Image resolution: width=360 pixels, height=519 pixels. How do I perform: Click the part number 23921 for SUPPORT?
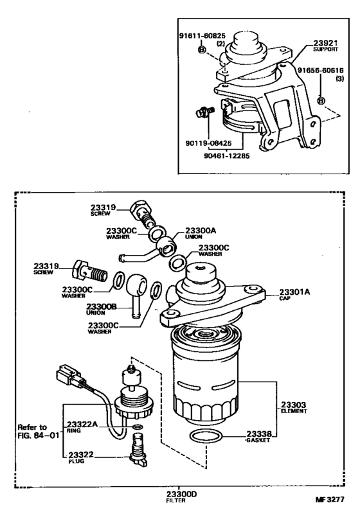tap(325, 43)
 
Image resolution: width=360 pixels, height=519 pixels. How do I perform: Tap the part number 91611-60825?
tap(203, 35)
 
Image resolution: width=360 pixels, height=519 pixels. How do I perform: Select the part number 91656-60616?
tap(320, 70)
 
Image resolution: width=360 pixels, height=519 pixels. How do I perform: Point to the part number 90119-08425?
tap(208, 143)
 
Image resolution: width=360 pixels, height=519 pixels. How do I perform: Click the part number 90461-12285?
tap(226, 155)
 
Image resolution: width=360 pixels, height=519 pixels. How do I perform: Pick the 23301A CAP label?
tap(294, 294)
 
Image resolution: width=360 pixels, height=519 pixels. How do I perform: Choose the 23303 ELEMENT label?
tap(294, 407)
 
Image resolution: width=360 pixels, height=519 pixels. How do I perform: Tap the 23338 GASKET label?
tap(258, 436)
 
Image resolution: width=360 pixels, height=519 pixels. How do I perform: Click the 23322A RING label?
tap(82, 427)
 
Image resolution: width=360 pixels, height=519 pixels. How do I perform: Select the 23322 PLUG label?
tap(81, 457)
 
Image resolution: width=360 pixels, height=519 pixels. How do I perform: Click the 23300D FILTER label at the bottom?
tap(181, 497)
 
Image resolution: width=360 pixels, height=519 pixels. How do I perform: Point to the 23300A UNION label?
tap(200, 233)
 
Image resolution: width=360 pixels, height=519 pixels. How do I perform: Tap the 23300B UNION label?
tap(101, 309)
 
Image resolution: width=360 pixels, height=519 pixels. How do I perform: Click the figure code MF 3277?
tap(330, 499)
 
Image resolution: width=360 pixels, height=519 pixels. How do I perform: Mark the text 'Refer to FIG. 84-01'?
tap(38, 431)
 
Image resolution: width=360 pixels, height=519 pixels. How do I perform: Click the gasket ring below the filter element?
tap(205, 436)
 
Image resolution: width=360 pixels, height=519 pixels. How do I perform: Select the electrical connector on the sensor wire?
tap(70, 376)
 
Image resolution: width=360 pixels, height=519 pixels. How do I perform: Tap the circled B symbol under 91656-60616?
tap(321, 101)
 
